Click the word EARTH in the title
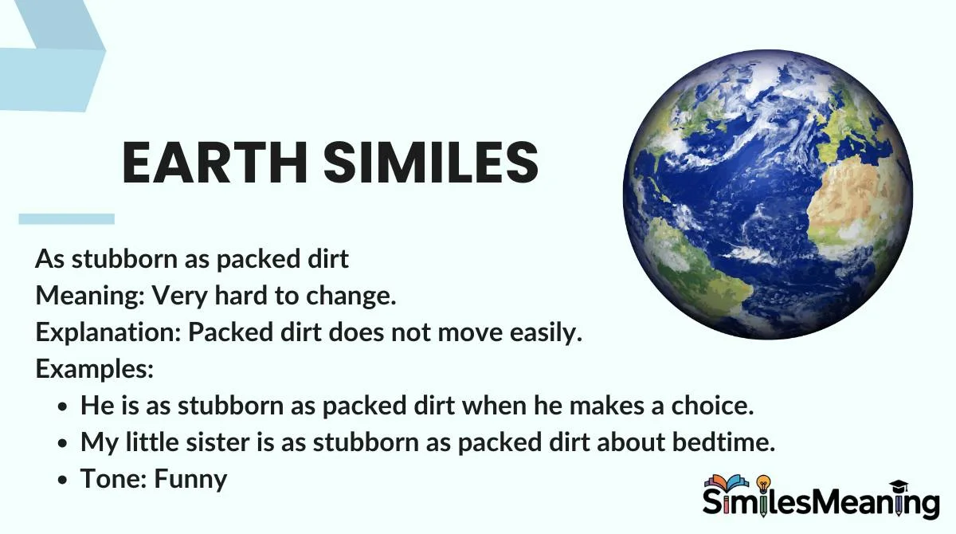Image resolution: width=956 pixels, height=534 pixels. click(x=215, y=163)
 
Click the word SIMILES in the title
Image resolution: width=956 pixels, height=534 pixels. click(x=431, y=163)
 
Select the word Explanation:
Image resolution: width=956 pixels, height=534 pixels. click(x=109, y=332)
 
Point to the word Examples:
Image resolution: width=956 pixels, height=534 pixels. click(x=95, y=368)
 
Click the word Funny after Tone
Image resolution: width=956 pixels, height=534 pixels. click(x=190, y=479)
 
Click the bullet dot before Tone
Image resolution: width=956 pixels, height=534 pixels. click(x=62, y=480)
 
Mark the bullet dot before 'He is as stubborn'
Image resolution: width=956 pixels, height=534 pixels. click(x=62, y=406)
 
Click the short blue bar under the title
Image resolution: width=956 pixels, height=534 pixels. click(x=67, y=219)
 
